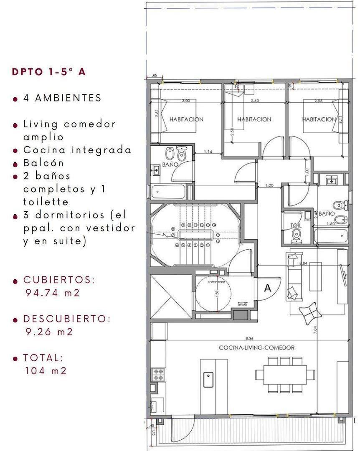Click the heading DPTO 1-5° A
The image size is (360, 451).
pos(49,71)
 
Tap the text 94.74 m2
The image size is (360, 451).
pos(52,293)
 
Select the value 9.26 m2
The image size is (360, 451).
pos(49,332)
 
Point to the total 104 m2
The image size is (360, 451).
pos(46,370)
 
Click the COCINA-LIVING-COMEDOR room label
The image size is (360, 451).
pos(257,347)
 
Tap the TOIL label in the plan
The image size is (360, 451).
pos(296,225)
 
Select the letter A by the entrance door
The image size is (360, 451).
pos(268,287)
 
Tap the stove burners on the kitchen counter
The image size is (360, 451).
pos(158,374)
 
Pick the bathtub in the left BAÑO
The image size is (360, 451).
pos(169,192)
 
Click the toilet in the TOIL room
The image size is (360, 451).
pos(297,235)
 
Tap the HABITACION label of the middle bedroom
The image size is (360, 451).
pos(254,119)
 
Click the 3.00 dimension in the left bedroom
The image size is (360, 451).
pos(185,101)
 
